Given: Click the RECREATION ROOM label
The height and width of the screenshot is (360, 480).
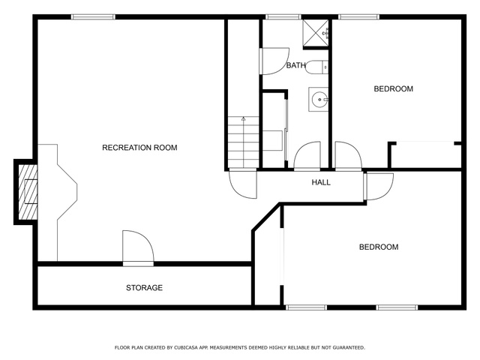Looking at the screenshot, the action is tap(139, 148).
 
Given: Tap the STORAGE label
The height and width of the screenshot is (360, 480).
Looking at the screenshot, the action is tap(144, 288).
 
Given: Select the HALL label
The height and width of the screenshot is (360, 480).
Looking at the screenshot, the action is tap(321, 182).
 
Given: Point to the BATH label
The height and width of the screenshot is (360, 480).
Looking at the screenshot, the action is tap(295, 65).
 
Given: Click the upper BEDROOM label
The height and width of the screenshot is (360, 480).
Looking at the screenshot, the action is tap(393, 88).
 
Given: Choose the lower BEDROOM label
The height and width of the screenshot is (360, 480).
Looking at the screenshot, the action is tap(379, 247).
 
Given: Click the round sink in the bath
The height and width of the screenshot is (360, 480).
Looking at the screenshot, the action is tap(319, 100).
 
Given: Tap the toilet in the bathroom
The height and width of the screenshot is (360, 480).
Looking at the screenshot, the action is tap(316, 67).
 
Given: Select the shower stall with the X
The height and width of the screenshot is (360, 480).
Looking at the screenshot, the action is tap(315, 33).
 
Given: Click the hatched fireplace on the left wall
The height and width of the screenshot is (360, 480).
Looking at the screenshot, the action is tap(28, 192).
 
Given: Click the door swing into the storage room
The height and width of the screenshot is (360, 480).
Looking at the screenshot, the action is tap(138, 247).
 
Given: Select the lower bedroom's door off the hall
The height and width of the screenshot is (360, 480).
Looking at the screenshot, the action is tap(379, 187).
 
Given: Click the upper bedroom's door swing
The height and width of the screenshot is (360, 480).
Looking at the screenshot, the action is tap(349, 155).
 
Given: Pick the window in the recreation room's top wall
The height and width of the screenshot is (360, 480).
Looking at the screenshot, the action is tap(93, 16).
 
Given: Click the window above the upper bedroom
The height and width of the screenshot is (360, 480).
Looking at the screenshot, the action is tap(358, 16).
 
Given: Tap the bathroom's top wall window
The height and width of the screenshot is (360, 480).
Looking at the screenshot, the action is tap(283, 16).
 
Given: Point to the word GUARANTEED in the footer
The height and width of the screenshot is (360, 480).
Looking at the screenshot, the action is tap(349, 348).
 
